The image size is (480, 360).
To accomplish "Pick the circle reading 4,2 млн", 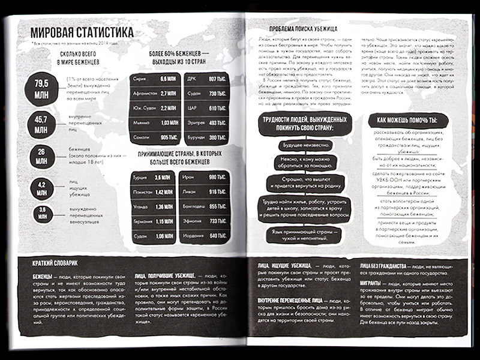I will (41, 188).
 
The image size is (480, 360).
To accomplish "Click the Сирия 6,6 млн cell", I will (153, 79).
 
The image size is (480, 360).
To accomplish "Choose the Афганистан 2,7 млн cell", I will (153, 94).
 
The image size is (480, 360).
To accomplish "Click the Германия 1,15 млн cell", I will (153, 221).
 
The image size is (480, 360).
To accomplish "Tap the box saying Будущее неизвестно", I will (305, 145).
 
